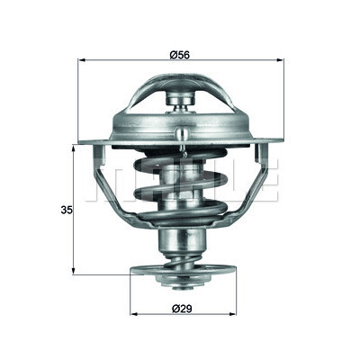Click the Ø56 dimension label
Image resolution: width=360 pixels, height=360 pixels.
pyautogui.click(x=179, y=55)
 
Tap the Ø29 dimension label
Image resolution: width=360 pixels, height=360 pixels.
pyautogui.click(x=182, y=308)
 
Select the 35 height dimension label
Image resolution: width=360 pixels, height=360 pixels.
pyautogui.click(x=67, y=210)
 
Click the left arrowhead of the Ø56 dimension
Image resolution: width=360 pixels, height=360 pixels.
pyautogui.click(x=82, y=60)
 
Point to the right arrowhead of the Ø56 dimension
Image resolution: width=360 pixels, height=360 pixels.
pyautogui.click(x=280, y=60)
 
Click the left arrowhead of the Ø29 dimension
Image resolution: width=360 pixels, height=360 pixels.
pyautogui.click(x=134, y=314)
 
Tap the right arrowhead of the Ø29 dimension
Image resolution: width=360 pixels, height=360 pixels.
pyautogui.click(x=233, y=314)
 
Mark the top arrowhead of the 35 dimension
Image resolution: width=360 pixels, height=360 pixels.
pyautogui.click(x=73, y=148)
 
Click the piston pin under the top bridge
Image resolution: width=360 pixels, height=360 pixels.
pyautogui.click(x=181, y=101)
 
